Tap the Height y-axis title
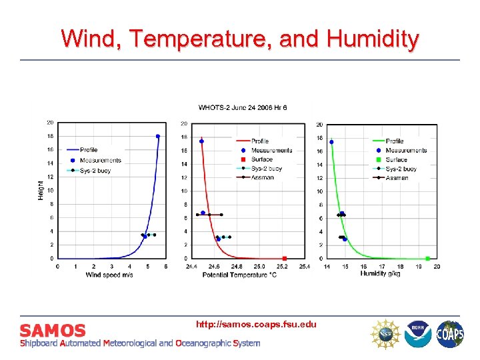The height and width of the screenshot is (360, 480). click(41, 190)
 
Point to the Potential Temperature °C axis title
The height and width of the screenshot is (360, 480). click(239, 273)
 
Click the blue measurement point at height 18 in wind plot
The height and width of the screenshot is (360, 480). click(158, 136)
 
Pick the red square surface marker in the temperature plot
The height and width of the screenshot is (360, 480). click(285, 258)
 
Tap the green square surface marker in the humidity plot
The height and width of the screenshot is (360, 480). click(428, 258)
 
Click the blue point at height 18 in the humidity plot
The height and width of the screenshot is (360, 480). click(331, 142)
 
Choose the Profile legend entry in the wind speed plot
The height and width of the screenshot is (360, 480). click(89, 150)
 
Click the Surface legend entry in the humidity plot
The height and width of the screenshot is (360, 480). click(396, 160)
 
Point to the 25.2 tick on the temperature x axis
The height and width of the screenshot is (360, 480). click(285, 267)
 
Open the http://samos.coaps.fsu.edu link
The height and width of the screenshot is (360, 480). click(256, 324)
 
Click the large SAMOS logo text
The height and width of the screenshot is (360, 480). click(53, 330)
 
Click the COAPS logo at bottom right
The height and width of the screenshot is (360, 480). click(450, 334)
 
